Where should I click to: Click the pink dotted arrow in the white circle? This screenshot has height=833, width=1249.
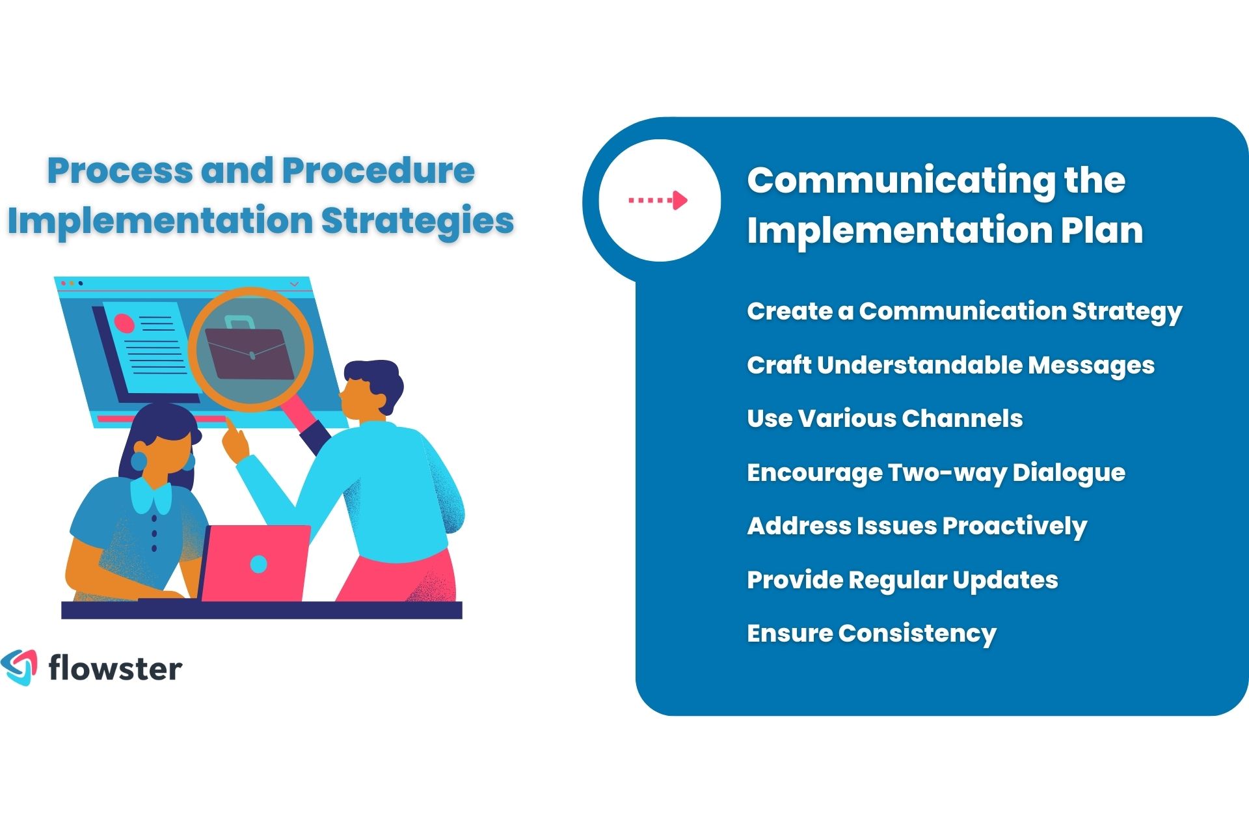(658, 200)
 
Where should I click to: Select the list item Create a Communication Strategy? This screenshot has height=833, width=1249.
(964, 311)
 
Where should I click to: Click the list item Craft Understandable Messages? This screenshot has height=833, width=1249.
(950, 365)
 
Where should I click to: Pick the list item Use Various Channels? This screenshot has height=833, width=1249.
(885, 418)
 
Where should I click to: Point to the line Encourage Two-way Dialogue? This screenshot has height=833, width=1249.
(935, 472)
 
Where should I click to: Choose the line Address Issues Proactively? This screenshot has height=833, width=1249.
(917, 526)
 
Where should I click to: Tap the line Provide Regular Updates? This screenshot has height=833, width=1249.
(902, 580)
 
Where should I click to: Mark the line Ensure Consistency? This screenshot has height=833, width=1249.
(871, 633)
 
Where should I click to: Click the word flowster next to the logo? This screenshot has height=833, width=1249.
(115, 669)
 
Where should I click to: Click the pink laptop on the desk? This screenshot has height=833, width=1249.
(255, 564)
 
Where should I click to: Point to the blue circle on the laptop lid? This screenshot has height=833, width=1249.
(258, 564)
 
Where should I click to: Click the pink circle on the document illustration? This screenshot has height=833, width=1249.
(124, 323)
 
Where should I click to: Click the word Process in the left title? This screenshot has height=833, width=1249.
(121, 171)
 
